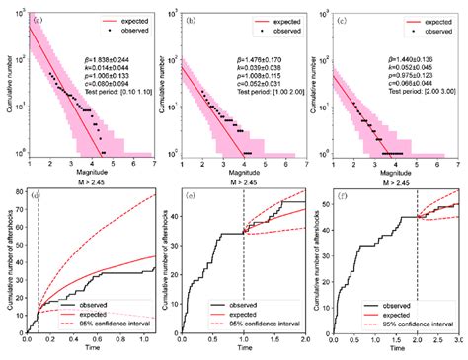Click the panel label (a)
pyautogui.click(x=37, y=19)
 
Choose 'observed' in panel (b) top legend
pyautogui.click(x=280, y=30)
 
